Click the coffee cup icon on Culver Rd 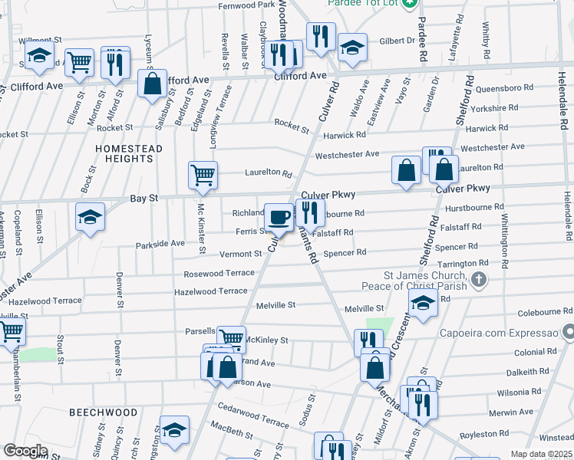[x=278, y=217]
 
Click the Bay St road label [x=143, y=198]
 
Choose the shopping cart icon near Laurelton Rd [x=203, y=176]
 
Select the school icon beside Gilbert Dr [x=352, y=48]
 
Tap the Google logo [x=25, y=451]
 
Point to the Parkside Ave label [x=161, y=243]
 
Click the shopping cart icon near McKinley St [x=231, y=338]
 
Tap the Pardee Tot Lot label [x=361, y=4]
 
